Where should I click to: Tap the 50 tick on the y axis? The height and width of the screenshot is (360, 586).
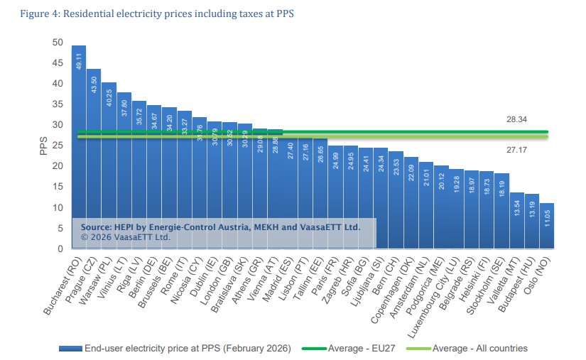[58, 43]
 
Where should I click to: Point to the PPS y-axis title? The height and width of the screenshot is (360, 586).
[42, 146]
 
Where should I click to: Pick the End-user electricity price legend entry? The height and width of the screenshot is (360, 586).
[178, 348]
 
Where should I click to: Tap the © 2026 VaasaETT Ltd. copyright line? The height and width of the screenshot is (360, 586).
[126, 237]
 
